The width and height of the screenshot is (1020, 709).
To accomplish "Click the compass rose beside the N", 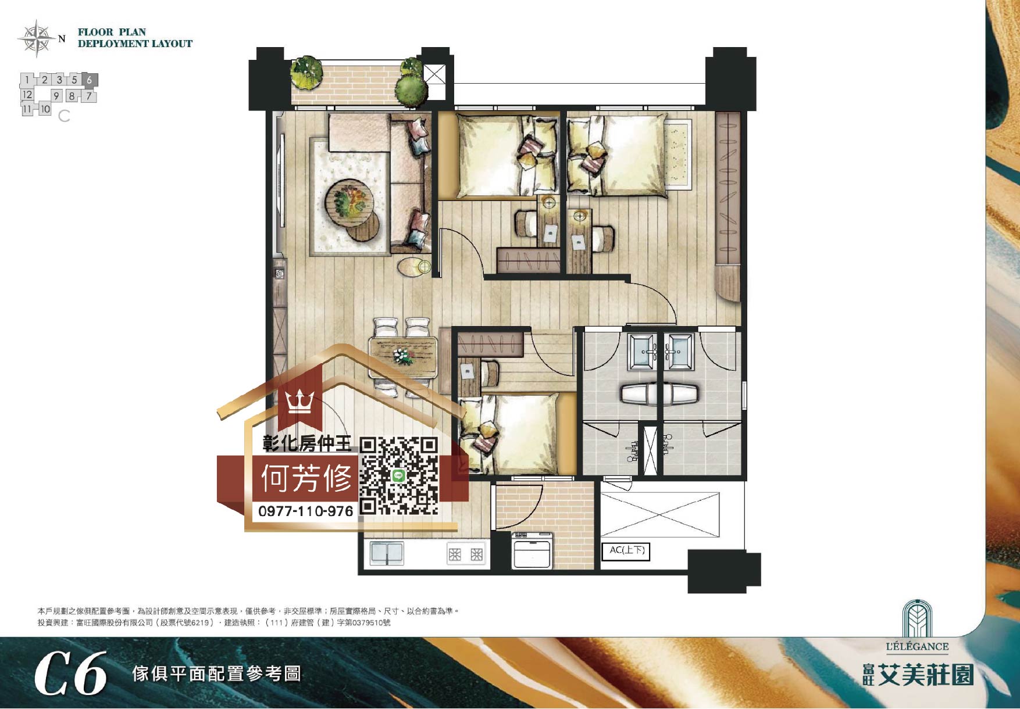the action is pos(36,38).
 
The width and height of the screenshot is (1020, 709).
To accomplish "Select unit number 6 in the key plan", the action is pos(89,80).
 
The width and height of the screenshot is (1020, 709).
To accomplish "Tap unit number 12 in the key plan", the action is pos(27,94).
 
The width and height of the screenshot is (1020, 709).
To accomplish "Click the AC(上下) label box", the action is pos(627,550).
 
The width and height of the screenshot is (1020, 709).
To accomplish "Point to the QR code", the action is pos(398,476).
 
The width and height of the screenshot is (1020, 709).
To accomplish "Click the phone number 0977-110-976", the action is pos(305,511).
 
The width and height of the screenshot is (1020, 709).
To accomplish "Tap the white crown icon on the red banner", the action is pos(299,402).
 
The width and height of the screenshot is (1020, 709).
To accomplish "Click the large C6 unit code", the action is pos(71,674).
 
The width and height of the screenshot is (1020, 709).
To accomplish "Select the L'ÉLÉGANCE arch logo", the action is pos(917,620).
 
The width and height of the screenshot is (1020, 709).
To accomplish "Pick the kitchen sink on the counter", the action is pos(387,554).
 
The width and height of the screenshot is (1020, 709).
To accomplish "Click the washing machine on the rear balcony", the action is pos(532,551).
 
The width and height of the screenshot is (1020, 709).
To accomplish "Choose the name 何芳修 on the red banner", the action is pos(306,479).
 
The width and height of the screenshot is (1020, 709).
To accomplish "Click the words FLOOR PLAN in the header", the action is pos(112,32).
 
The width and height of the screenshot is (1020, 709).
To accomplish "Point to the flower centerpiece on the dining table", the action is pos(402,354).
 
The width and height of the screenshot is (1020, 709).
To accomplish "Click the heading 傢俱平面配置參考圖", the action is pos(216,674).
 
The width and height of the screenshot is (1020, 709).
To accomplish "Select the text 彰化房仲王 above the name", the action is pos(306,445).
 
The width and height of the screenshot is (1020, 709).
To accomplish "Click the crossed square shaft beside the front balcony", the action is pos(434,76).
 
